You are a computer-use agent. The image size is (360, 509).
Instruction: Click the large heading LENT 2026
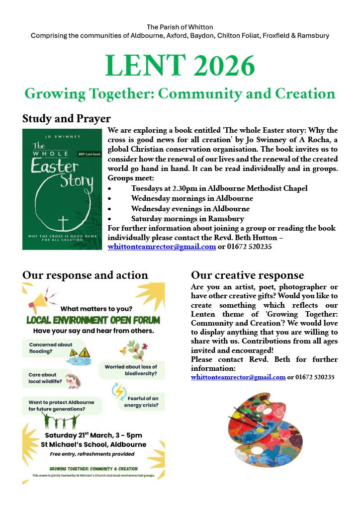[180, 65]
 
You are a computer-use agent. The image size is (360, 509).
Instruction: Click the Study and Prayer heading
[67, 119]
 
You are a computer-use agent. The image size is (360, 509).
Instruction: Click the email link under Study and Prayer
[162, 246]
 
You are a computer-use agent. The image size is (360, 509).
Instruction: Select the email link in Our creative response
[238, 377]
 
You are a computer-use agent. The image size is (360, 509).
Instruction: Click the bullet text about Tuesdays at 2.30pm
[219, 188]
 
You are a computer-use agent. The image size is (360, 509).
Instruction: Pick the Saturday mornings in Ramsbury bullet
[187, 219]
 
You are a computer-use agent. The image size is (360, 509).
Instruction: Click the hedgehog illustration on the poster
[73, 380]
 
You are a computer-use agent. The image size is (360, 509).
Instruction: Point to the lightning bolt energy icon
[119, 391]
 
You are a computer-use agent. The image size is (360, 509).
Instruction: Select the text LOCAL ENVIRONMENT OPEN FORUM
[93, 320]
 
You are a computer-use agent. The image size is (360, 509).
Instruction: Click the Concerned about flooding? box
[50, 347]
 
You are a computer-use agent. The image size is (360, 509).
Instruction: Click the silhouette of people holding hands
[61, 422]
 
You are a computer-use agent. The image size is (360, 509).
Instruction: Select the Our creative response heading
[247, 275]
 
